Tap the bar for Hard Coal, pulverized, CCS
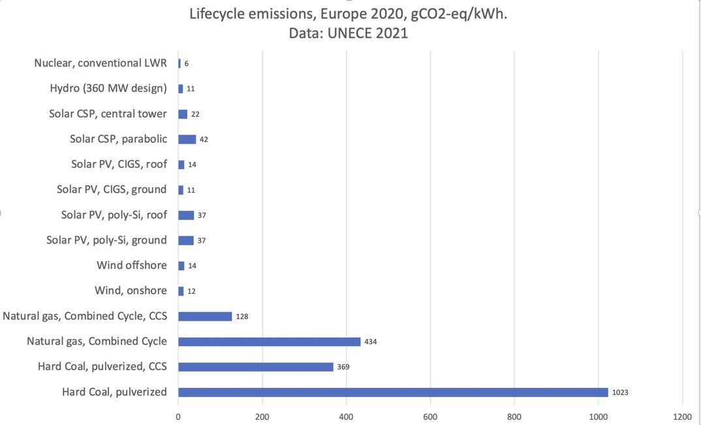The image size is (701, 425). [255, 367]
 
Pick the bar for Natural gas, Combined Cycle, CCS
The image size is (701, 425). [205, 316]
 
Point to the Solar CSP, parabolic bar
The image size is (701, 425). [187, 139]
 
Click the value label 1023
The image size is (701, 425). [620, 392]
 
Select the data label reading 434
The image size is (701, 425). [371, 341]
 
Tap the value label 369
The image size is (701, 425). [343, 367]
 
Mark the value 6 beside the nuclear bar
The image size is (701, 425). [187, 63]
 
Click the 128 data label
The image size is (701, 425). [242, 317]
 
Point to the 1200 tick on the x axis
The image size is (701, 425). [682, 416]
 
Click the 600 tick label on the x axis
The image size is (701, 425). [430, 416]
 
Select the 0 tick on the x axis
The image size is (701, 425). [178, 416]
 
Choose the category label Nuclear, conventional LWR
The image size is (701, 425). [101, 63]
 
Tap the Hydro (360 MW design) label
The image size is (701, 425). [108, 88]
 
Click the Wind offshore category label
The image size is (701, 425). [132, 265]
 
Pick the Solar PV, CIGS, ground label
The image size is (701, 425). [112, 189]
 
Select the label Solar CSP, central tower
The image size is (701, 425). [108, 114]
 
